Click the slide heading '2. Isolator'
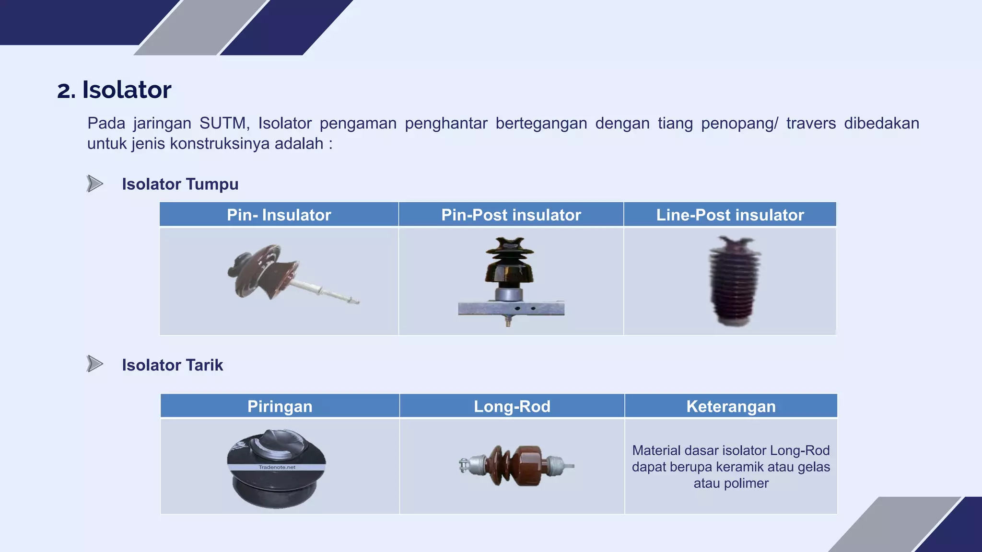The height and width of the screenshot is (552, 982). (x=114, y=90)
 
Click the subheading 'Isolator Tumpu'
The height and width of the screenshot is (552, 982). (x=180, y=184)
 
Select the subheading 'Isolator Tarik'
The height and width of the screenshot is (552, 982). (x=172, y=365)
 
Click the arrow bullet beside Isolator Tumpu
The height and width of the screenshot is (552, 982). (x=95, y=184)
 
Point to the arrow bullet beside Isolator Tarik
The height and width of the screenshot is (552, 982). (x=95, y=364)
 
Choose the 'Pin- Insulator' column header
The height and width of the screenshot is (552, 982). (x=279, y=215)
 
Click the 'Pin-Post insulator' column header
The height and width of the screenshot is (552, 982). (x=511, y=215)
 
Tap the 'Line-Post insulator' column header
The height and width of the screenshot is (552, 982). (x=730, y=215)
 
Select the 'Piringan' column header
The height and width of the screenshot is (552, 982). (x=280, y=406)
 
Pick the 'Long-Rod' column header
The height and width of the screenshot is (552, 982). (x=512, y=406)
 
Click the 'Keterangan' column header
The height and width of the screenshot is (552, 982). (x=731, y=406)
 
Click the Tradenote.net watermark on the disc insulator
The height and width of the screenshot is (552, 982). (x=277, y=467)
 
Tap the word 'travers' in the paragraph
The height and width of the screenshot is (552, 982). (x=811, y=124)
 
